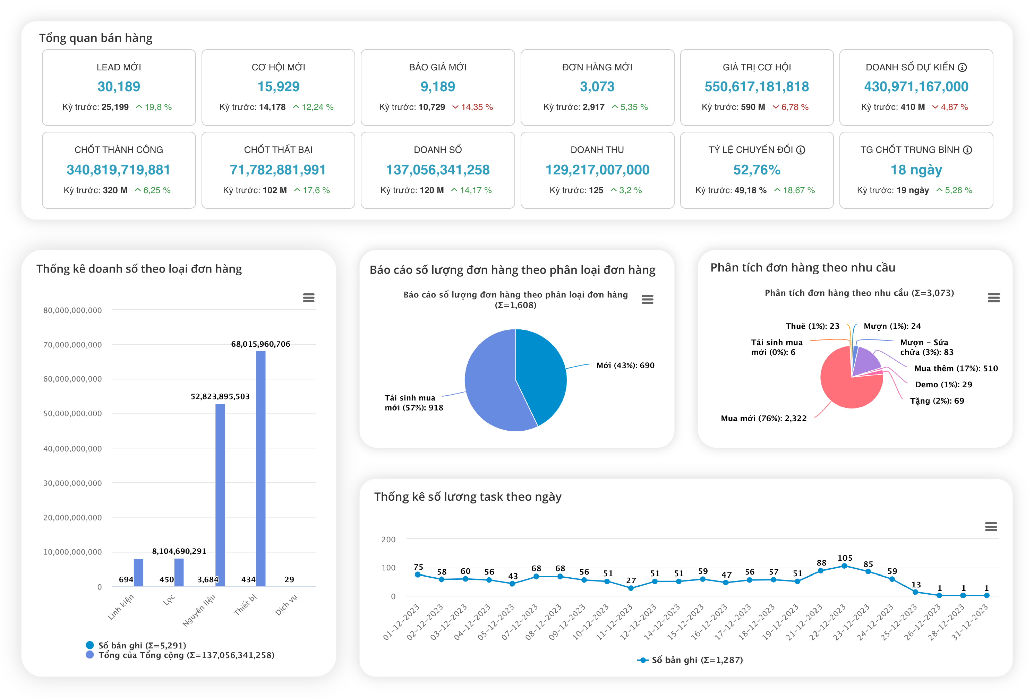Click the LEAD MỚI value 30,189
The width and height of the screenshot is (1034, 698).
coord(119,87)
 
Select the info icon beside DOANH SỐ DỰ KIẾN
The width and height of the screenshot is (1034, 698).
coord(962,68)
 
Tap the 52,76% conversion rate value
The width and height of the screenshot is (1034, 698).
coord(757,170)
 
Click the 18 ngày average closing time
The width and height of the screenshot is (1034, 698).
coord(916,170)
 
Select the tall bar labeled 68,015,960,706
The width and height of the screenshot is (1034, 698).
coord(261,467)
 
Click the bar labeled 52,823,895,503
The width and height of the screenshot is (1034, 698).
coord(220,494)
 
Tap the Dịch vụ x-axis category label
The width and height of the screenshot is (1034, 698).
coord(286,605)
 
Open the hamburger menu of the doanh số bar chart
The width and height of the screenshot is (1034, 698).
coord(309,298)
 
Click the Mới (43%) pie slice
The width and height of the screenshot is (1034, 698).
coord(540,374)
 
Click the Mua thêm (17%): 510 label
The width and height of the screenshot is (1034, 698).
coord(956,368)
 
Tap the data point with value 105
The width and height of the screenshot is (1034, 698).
coord(845,566)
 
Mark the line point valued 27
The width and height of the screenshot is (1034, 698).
coord(631,588)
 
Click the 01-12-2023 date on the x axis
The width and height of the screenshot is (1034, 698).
coord(401,622)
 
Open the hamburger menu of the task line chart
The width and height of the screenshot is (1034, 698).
coord(991,527)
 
